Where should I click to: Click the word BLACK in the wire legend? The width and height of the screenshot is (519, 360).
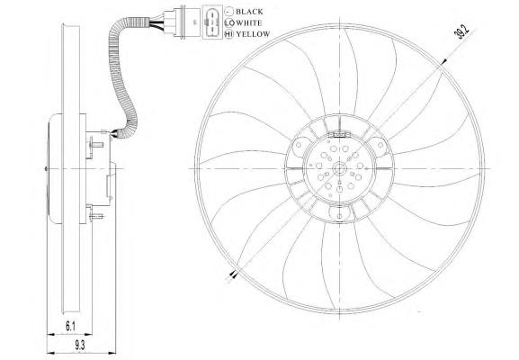coord(249,12)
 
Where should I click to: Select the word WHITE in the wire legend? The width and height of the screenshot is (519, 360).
coord(249,22)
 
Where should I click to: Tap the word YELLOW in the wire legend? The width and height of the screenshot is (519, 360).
coord(254,34)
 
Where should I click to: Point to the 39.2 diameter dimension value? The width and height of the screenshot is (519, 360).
coord(463,32)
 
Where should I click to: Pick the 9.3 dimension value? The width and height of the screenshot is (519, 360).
coord(79,346)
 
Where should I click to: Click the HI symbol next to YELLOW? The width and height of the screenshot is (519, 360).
coord(228,34)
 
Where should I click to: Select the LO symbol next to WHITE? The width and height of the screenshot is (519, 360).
coord(228,22)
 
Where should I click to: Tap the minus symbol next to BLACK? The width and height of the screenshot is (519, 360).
coord(228,12)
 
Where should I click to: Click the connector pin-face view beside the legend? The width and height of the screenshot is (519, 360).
coord(212,22)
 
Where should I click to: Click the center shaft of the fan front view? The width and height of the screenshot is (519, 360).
coord(340,169)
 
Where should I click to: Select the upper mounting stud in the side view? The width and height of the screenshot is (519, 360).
coord(96,144)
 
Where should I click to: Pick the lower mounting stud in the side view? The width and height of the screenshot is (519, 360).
coord(96,217)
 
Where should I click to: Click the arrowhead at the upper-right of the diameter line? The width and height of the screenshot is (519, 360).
coord(444,61)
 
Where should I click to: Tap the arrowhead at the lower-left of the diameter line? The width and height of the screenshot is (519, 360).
coord(235,274)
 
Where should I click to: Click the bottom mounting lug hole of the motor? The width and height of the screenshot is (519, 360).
coord(340,216)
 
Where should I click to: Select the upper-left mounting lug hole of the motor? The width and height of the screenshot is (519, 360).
coord(299,145)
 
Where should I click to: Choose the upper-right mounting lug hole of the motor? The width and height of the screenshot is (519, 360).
coord(380,145)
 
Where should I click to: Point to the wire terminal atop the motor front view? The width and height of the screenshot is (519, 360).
coord(339,134)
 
